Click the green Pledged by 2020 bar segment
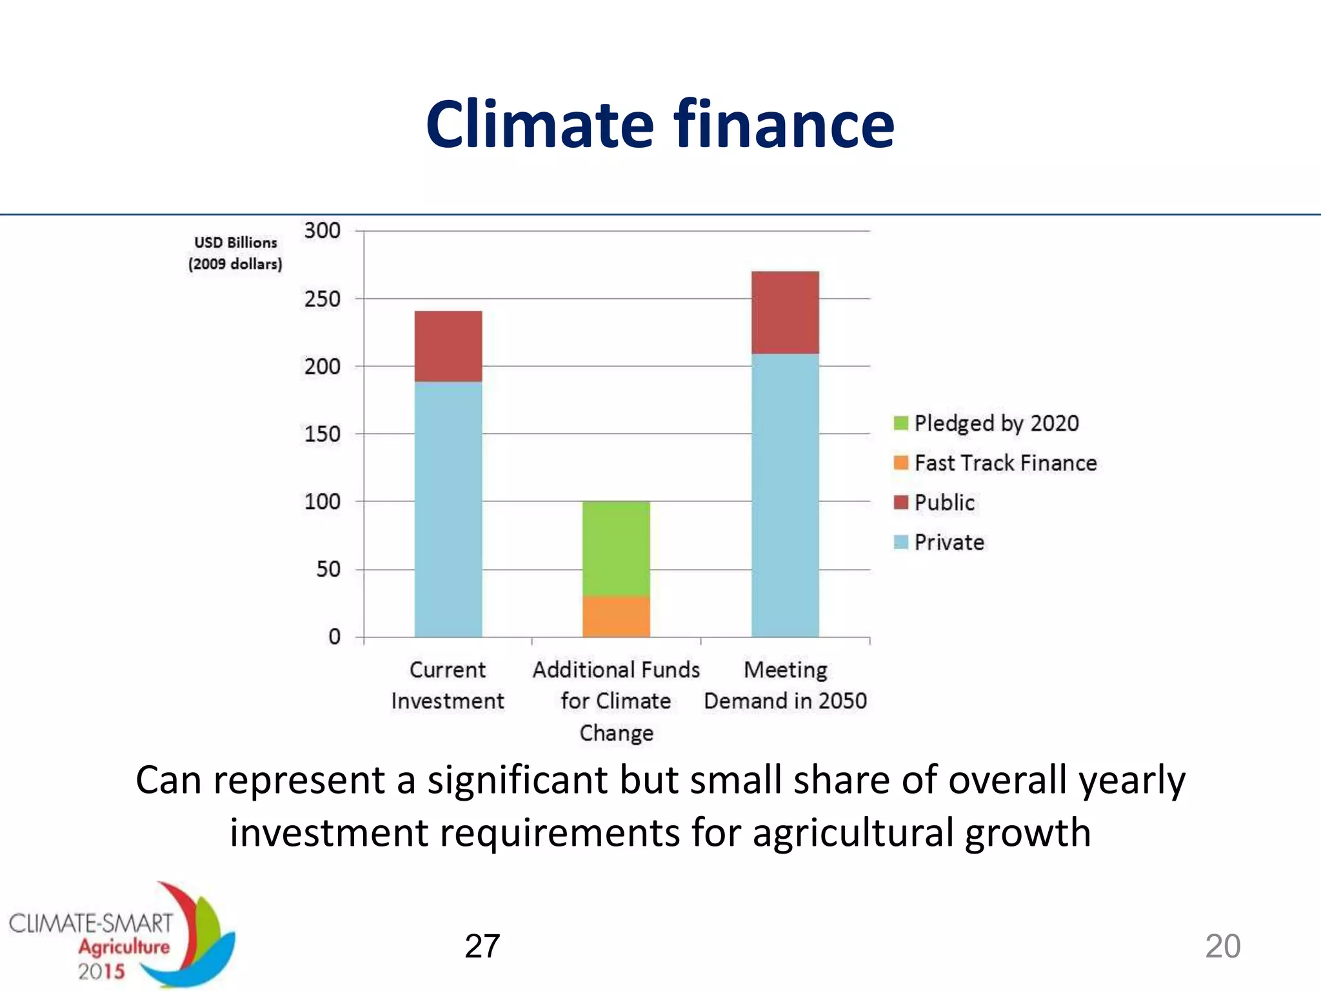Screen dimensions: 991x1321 point(616,548)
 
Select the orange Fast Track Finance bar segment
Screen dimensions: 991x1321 point(616,616)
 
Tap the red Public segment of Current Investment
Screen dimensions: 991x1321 point(448,346)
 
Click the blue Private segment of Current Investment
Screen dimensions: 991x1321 point(448,510)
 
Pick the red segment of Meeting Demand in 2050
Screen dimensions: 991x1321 point(785,312)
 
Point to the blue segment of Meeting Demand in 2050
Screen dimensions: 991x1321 point(785,495)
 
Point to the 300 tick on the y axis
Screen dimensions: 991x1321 point(322,230)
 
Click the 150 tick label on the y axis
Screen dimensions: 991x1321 point(322,434)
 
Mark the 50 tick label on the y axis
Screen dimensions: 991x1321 point(328,570)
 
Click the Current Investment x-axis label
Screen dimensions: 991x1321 point(448,685)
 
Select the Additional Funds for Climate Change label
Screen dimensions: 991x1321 point(616,701)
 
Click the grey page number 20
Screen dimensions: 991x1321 point(1222,946)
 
